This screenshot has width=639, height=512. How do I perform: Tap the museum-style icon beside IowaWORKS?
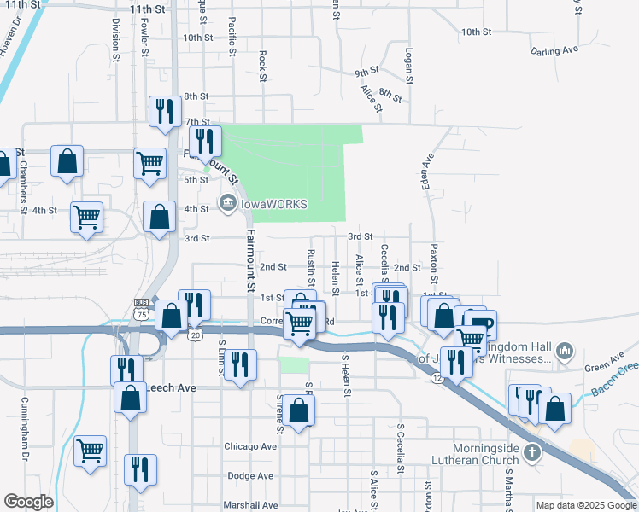coord(227,202)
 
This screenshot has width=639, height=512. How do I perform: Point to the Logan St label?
coord(410,65)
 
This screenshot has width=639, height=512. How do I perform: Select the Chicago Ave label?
coord(250,446)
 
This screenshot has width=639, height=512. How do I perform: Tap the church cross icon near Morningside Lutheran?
coord(532,451)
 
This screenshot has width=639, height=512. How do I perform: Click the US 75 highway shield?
coord(141,308)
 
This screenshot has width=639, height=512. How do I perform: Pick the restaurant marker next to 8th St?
coord(163,112)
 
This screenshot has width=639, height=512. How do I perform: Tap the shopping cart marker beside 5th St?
coord(149,162)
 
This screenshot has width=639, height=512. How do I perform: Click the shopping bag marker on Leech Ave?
coord(129,399)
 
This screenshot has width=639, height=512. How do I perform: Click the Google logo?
coord(28,502)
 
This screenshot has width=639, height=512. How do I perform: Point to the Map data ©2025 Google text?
coord(586,505)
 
